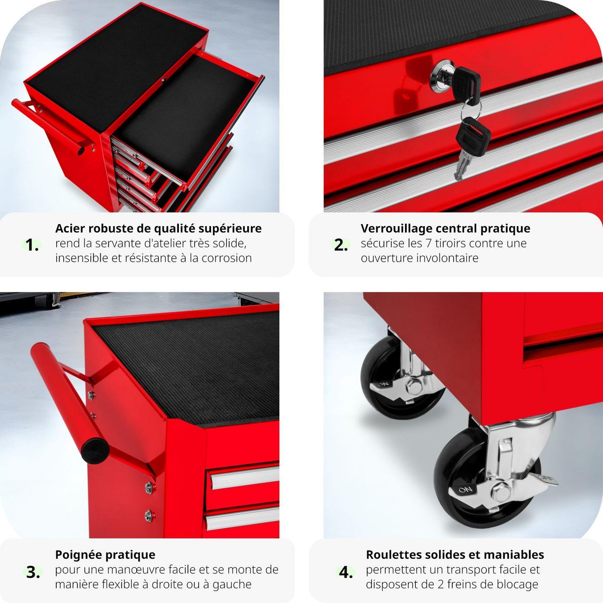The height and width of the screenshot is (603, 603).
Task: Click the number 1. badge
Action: (x=32, y=245)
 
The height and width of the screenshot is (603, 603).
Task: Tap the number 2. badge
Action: (x=341, y=245)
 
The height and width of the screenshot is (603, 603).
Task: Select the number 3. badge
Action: (x=33, y=572)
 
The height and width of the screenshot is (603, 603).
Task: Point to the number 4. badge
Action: (x=346, y=572)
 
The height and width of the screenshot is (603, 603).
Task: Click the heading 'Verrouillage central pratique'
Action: (x=445, y=229)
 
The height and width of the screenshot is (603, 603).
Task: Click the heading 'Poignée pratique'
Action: (x=105, y=555)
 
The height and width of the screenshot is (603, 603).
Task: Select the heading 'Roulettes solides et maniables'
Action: (x=455, y=555)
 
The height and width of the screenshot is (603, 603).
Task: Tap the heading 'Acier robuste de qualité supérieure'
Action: (x=158, y=229)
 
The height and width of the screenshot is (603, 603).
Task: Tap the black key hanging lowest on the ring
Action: (x=472, y=133)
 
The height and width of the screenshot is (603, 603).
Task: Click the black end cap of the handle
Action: (x=95, y=450)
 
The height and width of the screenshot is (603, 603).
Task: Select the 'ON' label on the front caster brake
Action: (x=465, y=489)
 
